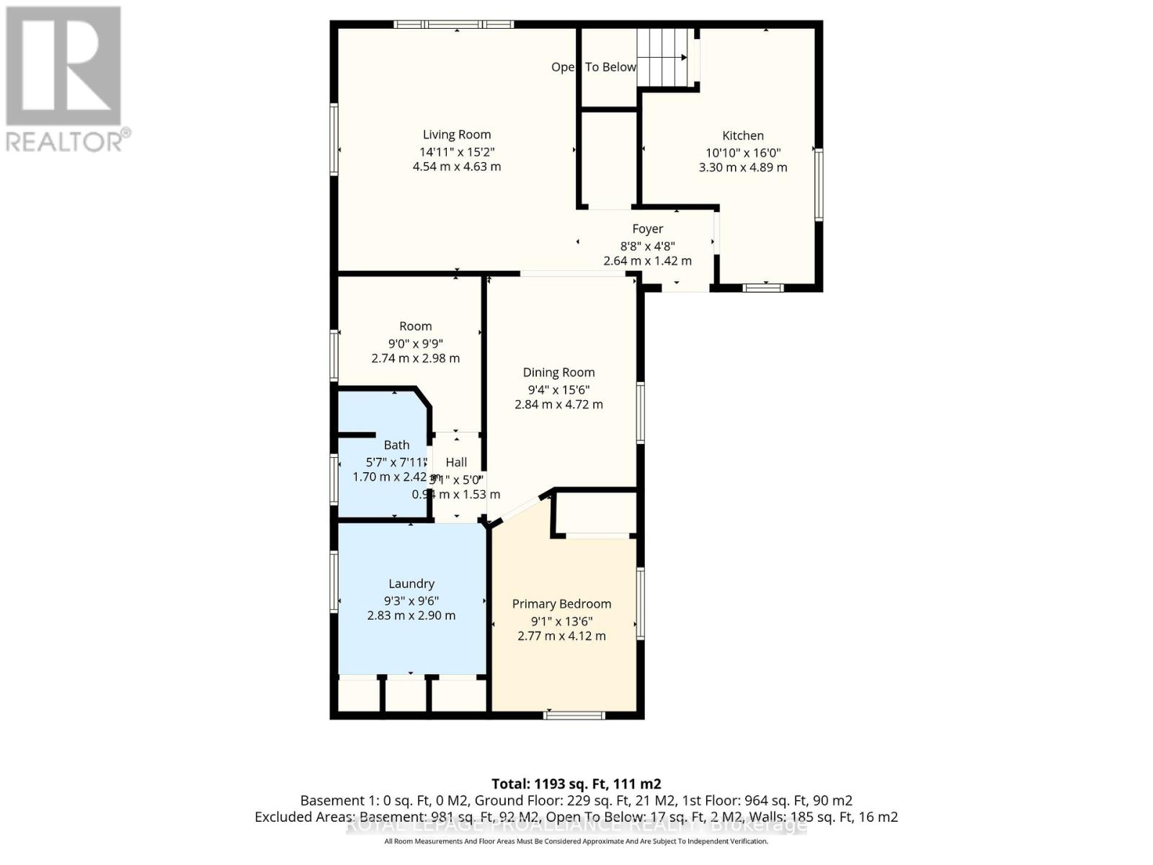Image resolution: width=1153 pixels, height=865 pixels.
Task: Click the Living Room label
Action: coord(456,134)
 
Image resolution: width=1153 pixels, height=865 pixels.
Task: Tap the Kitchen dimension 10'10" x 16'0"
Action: coord(743,152)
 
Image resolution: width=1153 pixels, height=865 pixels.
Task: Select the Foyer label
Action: coord(647,229)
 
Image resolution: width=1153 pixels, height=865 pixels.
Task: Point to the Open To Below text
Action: coord(594,67)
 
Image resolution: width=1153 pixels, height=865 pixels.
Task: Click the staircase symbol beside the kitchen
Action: coord(667,58)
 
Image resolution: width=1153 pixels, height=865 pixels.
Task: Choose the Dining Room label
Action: coord(558,372)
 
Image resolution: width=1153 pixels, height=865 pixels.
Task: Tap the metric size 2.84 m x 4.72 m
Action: coord(558,404)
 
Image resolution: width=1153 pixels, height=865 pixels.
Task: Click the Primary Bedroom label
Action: coord(561,603)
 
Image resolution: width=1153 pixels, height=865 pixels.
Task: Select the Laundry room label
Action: coord(411,583)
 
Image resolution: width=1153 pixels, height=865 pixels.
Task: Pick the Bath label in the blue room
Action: coord(396,445)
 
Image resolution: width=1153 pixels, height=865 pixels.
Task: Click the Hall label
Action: coord(456,462)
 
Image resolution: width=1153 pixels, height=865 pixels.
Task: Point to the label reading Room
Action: coord(416,326)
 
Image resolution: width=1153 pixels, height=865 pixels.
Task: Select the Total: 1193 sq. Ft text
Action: coord(576,784)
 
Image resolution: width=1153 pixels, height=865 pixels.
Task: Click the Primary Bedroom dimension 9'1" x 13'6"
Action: coord(561,621)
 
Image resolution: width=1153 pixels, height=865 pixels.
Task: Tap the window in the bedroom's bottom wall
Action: coord(574,715)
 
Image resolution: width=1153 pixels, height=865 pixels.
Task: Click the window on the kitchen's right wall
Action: coord(818,184)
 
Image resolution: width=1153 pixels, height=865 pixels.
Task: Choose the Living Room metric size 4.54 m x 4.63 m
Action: coord(456,167)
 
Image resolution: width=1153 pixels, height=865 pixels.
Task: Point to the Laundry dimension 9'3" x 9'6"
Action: coord(411,600)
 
